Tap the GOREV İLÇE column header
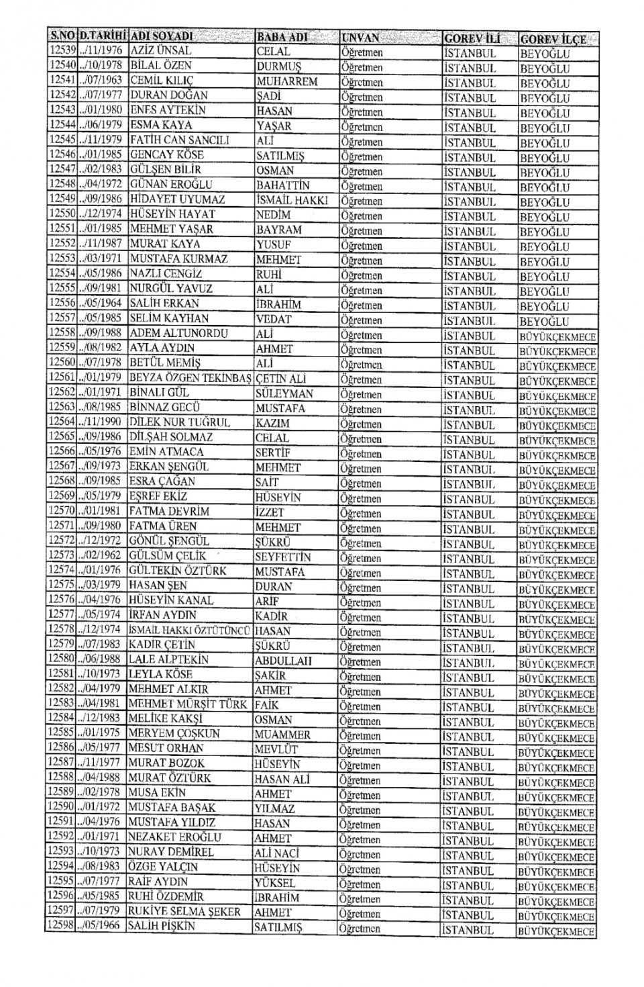[x=553, y=38]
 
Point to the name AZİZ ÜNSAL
[x=161, y=50]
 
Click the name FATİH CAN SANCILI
[x=180, y=140]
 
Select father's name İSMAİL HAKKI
[x=292, y=200]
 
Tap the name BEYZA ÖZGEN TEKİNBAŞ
[x=190, y=378]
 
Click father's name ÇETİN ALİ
[x=280, y=379]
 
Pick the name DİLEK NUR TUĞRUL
[x=179, y=422]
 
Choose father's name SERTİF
[x=273, y=453]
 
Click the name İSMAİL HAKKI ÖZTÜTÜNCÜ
[x=190, y=630]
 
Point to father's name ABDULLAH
[x=283, y=660]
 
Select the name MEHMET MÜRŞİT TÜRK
[x=188, y=704]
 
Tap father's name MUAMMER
[x=282, y=735]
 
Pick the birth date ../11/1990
[x=101, y=422]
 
